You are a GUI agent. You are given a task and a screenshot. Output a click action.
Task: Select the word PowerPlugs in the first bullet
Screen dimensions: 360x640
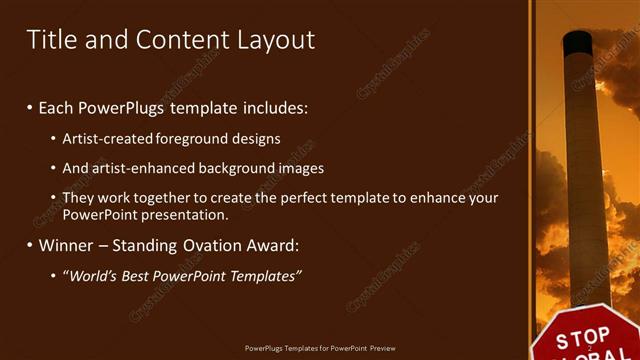(x=127, y=106)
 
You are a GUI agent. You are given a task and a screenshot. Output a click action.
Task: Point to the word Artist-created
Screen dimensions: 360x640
(x=108, y=138)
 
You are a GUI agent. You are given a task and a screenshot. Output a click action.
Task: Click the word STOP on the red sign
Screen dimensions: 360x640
(x=582, y=336)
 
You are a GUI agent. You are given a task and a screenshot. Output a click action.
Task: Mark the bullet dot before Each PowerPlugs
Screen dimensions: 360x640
(x=30, y=106)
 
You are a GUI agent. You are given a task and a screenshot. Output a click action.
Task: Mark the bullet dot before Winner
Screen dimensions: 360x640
(x=30, y=245)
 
